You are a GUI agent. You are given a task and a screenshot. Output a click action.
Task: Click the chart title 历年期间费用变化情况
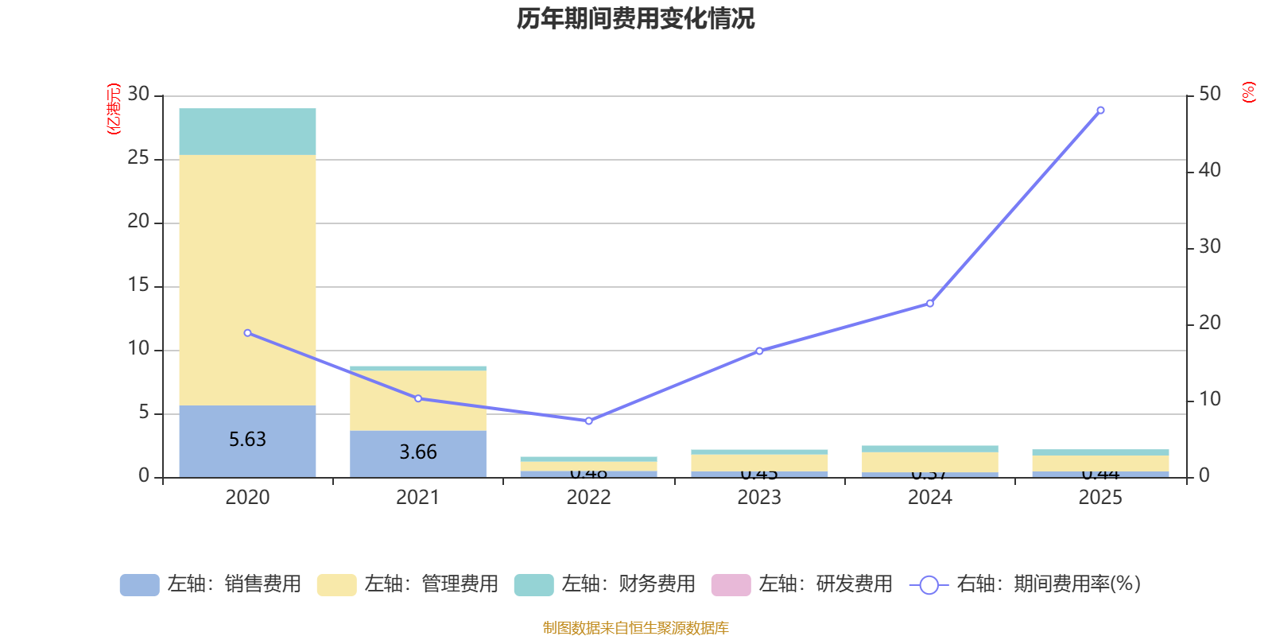click(635, 18)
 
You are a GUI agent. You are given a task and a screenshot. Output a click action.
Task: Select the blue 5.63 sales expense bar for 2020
click(247, 440)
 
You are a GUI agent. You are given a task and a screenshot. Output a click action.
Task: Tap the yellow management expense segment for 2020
click(247, 280)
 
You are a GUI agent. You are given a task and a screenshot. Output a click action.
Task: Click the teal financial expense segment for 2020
click(247, 131)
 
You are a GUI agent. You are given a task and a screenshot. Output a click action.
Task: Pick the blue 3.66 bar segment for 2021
click(418, 453)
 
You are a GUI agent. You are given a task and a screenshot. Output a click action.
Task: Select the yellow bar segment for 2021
click(418, 400)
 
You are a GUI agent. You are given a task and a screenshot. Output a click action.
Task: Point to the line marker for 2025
click(1100, 111)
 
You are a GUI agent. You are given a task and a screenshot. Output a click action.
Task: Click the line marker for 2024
click(930, 303)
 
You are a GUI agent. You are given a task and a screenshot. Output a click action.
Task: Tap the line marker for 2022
click(589, 421)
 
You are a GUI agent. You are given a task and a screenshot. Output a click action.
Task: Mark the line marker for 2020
click(247, 333)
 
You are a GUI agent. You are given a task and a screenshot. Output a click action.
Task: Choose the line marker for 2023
click(759, 351)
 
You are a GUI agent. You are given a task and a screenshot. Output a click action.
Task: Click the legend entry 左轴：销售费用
click(211, 584)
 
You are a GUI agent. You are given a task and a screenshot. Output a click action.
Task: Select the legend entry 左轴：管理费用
click(409, 584)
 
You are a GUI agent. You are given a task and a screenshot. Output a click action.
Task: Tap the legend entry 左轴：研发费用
click(803, 584)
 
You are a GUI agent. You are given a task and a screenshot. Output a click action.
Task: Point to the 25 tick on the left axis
click(138, 158)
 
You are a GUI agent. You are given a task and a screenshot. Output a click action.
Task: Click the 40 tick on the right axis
click(1209, 170)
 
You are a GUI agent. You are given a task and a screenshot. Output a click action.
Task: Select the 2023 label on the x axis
click(759, 498)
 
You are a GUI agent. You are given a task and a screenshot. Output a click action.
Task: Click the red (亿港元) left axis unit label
click(114, 109)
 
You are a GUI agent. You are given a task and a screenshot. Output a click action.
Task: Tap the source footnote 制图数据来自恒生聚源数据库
click(635, 628)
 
